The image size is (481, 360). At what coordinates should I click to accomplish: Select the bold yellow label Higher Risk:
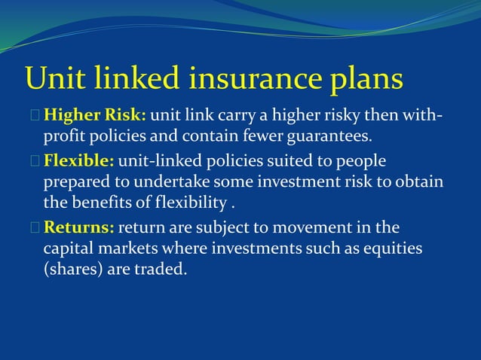(95, 117)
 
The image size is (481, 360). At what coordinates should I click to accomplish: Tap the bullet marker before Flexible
(36, 162)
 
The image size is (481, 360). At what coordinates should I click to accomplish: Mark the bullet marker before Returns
(36, 227)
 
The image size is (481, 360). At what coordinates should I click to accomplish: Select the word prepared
(75, 183)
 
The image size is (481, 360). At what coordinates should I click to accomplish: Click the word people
(359, 161)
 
